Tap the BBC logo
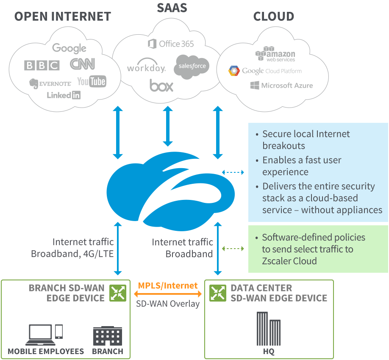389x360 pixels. coord(42,65)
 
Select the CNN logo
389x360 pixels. coord(82,64)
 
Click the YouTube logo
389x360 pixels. coord(92,81)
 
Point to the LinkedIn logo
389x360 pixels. coord(64,95)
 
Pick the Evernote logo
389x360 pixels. coord(50,83)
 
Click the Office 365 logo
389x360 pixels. coord(171,44)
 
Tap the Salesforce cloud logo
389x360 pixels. coord(192,66)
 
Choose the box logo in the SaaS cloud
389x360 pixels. coord(161,86)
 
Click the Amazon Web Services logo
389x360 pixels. coord(275,54)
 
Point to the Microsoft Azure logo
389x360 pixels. coord(281,85)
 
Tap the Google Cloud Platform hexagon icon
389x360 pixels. coord(234,71)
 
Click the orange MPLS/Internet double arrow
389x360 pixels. coord(168,294)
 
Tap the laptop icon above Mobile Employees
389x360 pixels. coord(41,335)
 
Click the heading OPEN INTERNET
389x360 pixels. coord(63,17)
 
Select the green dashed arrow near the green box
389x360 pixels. coord(233,249)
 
